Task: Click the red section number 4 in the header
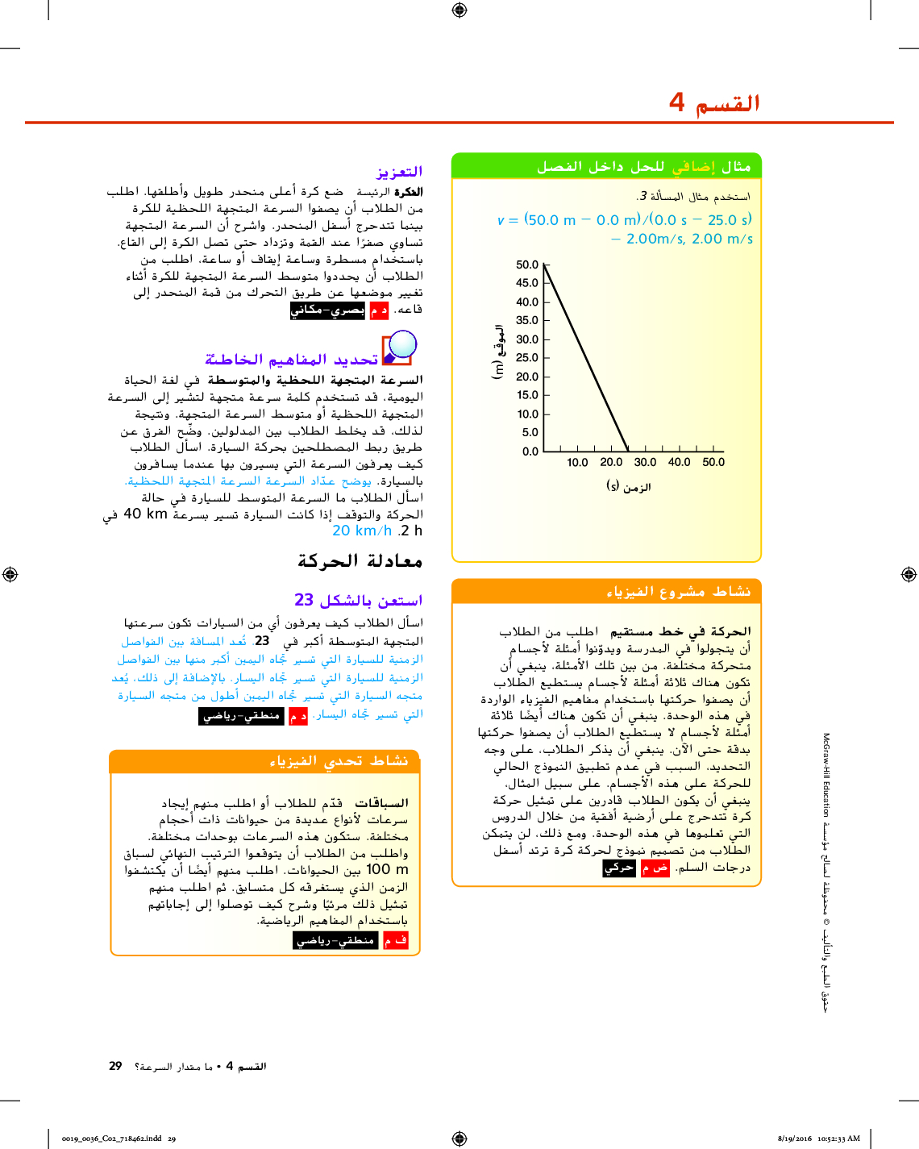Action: (676, 102)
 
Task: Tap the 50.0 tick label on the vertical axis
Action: (527, 264)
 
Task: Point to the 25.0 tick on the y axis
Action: (527, 357)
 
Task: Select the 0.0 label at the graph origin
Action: (530, 452)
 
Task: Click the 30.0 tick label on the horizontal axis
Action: (645, 463)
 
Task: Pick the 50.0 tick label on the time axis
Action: (713, 463)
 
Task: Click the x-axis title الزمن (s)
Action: (628, 486)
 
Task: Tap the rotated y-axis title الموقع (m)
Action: (498, 352)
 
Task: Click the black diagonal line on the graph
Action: (586, 357)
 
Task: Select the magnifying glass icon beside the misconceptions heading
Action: (398, 348)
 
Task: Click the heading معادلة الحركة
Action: (360, 561)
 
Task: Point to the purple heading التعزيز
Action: (399, 172)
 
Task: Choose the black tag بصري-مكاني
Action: (327, 310)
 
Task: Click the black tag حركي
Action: (619, 868)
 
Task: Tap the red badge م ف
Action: (396, 940)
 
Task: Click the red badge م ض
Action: (655, 868)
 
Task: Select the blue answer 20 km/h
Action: (362, 531)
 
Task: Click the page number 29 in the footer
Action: (115, 1066)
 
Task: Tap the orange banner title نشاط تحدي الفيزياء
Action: (339, 761)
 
